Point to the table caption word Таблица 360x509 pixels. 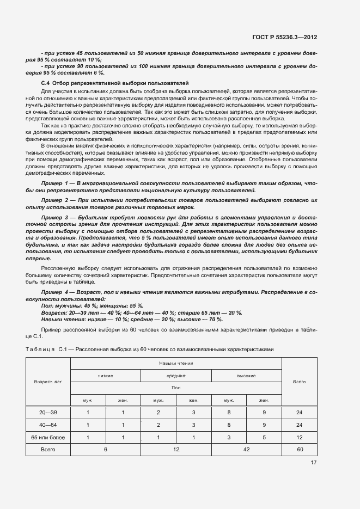[x=40, y=348]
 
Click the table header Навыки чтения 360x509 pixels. [x=176, y=363]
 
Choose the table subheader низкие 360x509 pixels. [x=106, y=376]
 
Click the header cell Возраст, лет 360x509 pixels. [x=48, y=382]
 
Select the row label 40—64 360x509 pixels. [x=48, y=425]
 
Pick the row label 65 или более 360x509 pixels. [x=48, y=437]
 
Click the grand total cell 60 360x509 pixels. [x=299, y=450]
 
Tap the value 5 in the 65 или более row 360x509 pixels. [x=264, y=437]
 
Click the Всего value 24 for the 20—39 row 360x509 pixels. [x=299, y=413]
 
